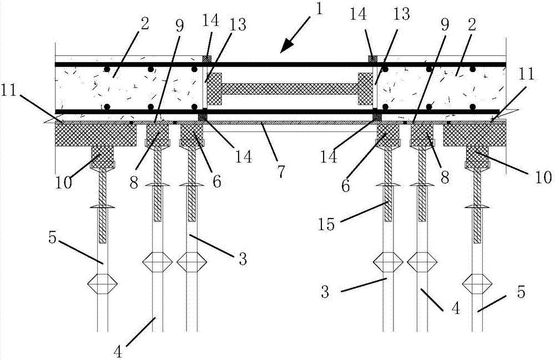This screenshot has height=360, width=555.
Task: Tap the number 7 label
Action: click(281, 171)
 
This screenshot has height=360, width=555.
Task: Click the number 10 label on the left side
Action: click(64, 182)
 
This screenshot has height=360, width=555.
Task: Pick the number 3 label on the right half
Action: click(325, 291)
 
